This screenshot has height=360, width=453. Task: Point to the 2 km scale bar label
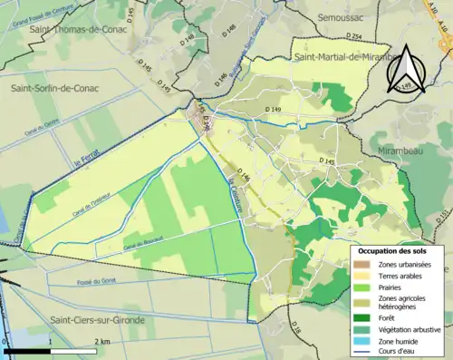pyautogui.click(x=102, y=342)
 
